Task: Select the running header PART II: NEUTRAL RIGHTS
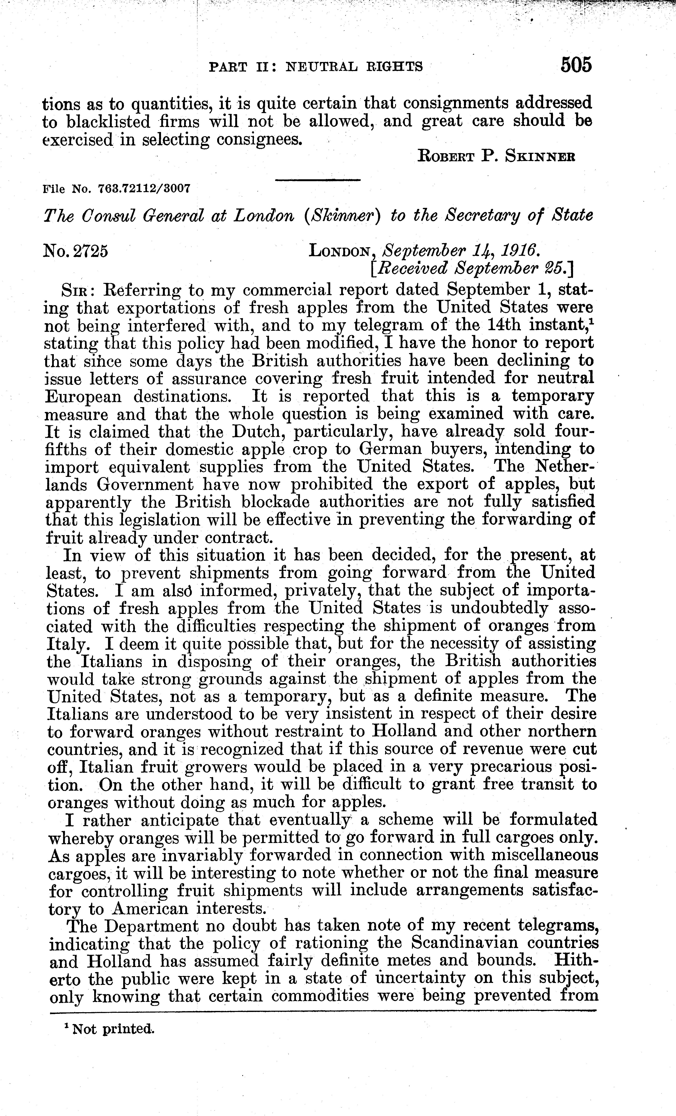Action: click(316, 67)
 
